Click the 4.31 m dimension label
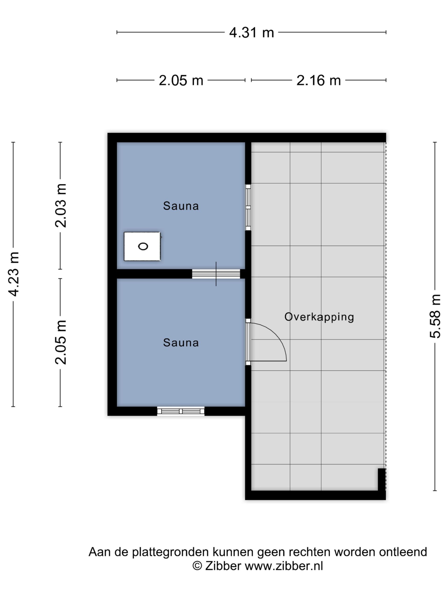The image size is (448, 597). point(251,33)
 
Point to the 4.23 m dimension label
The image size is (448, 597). point(14,274)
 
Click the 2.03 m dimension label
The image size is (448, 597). point(60,205)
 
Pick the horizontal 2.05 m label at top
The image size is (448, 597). point(181,80)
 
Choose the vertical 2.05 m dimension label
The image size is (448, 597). point(60,342)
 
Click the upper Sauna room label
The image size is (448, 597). point(181,206)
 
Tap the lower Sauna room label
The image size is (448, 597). point(181,343)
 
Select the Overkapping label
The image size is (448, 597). point(319,317)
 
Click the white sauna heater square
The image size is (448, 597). point(142,246)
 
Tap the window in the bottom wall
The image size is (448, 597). point(181,411)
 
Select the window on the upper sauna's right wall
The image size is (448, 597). point(248,207)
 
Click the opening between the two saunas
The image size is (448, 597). point(216,274)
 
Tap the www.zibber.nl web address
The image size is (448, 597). point(284,566)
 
